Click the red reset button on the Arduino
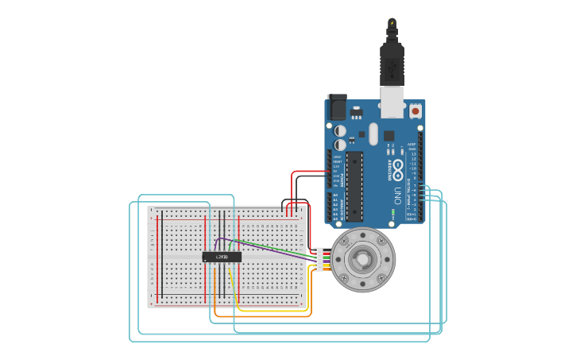[x=416, y=112]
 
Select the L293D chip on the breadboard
[x=222, y=257]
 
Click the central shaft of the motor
[x=363, y=259]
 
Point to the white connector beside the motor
[x=319, y=259]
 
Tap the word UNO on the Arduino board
[x=398, y=195]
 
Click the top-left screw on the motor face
[x=344, y=240]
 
